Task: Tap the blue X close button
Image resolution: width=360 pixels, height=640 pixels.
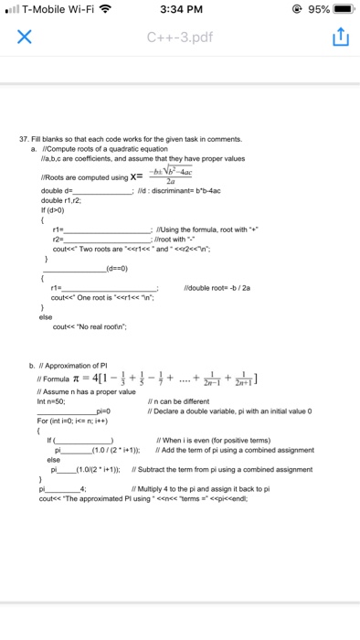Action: tap(26, 39)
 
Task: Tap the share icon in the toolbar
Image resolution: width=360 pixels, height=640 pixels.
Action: tap(334, 39)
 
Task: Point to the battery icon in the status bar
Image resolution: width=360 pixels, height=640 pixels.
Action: tap(343, 11)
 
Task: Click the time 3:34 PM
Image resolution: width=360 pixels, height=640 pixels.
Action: tap(179, 11)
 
